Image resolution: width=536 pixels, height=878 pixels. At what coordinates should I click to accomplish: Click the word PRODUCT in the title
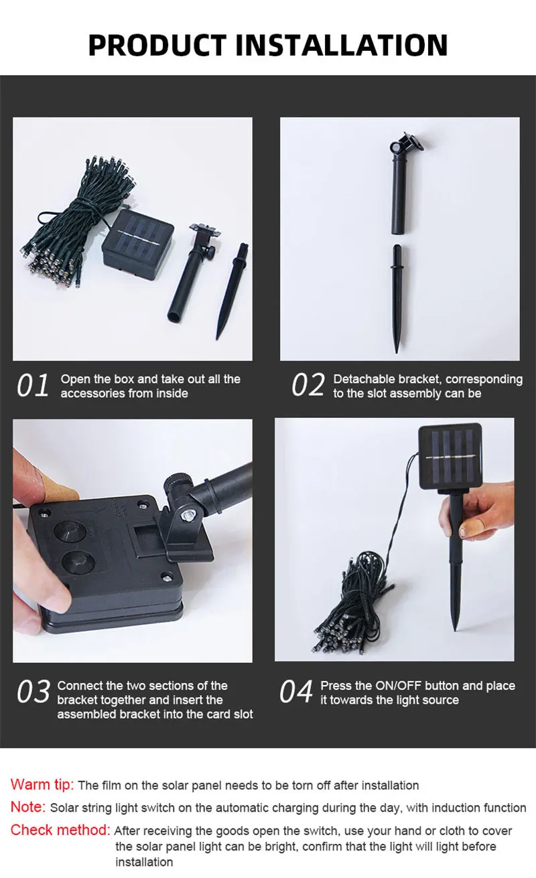tap(157, 45)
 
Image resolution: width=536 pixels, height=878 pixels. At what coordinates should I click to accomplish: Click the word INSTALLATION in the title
tap(341, 45)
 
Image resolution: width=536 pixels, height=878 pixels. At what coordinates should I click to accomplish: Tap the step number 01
tap(33, 385)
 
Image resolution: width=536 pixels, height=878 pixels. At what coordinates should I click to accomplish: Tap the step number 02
tap(308, 385)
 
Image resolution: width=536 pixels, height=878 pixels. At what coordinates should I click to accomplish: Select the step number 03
tap(33, 692)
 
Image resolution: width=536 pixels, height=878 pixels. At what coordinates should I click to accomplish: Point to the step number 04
tap(296, 692)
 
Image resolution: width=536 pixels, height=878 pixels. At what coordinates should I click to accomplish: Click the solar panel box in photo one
tap(137, 245)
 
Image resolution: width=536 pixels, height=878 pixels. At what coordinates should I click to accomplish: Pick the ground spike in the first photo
tap(231, 291)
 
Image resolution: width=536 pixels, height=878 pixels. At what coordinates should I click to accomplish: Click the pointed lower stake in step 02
tap(397, 299)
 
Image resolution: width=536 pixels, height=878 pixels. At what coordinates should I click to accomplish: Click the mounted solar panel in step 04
tap(450, 457)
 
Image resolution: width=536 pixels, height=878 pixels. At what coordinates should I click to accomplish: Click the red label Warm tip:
tap(42, 785)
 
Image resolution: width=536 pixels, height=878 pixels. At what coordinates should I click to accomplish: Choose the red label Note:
tap(28, 807)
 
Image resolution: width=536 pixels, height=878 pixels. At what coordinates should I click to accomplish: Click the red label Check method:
tap(60, 830)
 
